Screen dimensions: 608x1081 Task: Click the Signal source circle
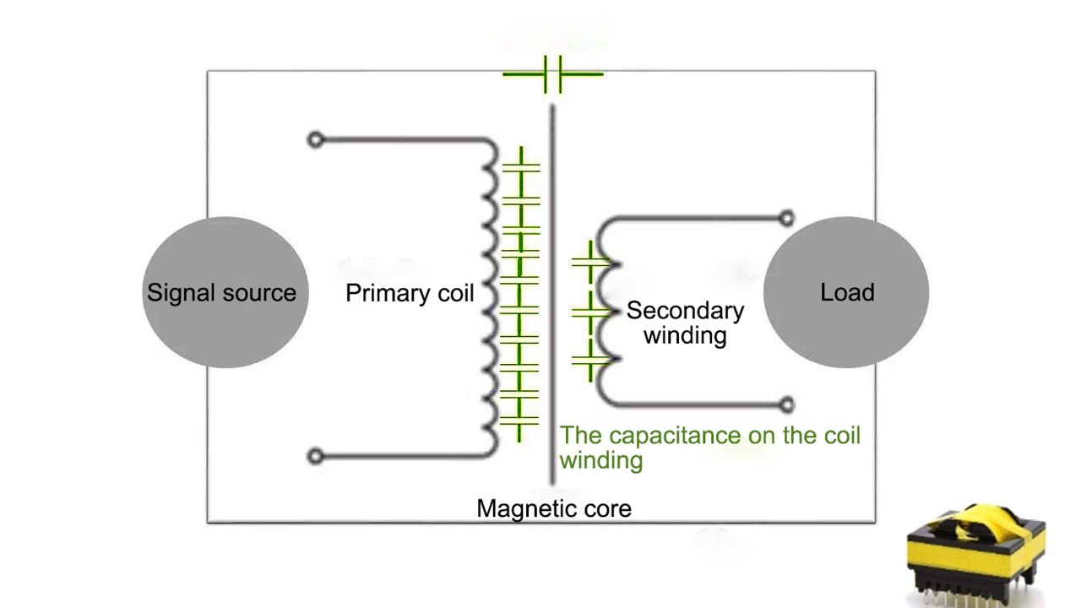pos(225,292)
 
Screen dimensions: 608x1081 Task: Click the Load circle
pos(846,292)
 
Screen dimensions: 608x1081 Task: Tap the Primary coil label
pos(410,293)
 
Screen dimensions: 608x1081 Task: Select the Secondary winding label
pos(685,323)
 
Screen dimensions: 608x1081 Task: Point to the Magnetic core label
pos(554,508)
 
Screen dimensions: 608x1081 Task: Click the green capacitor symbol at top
pos(553,74)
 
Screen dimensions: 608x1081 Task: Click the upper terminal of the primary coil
pos(315,139)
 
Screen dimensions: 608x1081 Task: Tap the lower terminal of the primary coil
pos(315,456)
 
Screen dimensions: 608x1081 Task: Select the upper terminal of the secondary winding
pos(786,219)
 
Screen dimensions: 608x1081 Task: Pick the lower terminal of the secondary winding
pos(786,404)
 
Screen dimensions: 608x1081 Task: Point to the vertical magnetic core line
pos(552,296)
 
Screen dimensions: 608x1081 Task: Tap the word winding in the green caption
pos(600,460)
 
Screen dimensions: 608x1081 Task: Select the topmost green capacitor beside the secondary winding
pos(589,263)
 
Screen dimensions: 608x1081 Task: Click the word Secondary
pos(685,311)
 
